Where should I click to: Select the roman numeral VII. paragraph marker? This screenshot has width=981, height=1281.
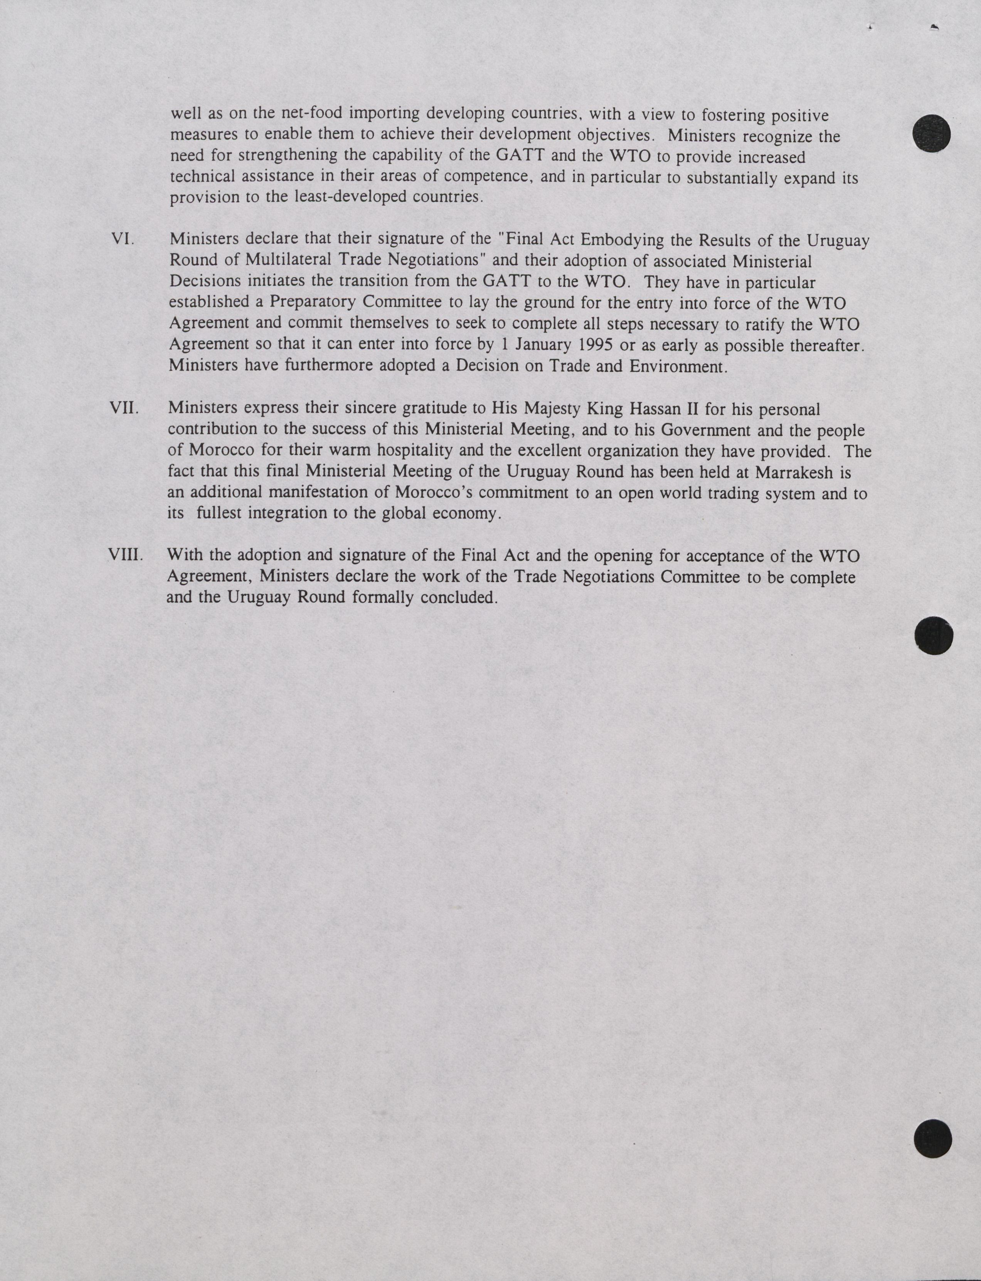pos(124,407)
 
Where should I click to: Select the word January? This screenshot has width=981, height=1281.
pos(542,344)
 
